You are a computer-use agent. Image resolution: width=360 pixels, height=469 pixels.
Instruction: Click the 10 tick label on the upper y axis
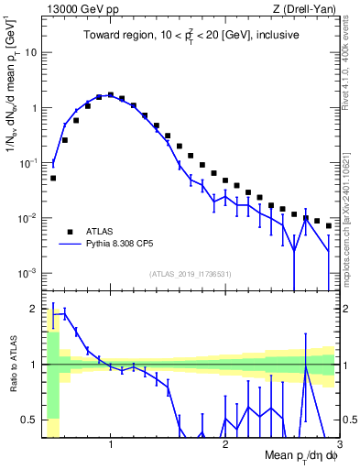[30, 52]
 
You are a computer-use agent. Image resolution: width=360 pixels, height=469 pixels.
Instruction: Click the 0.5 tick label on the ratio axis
[27, 420]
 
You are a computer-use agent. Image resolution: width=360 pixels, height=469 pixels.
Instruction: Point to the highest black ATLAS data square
[111, 94]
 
